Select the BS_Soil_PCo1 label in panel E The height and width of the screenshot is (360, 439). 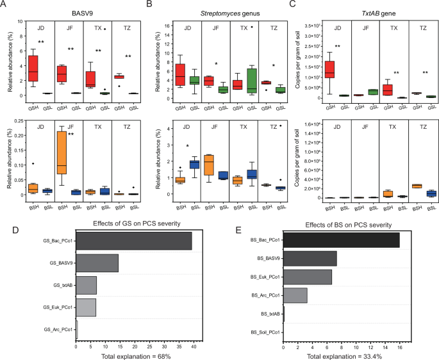(263, 332)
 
